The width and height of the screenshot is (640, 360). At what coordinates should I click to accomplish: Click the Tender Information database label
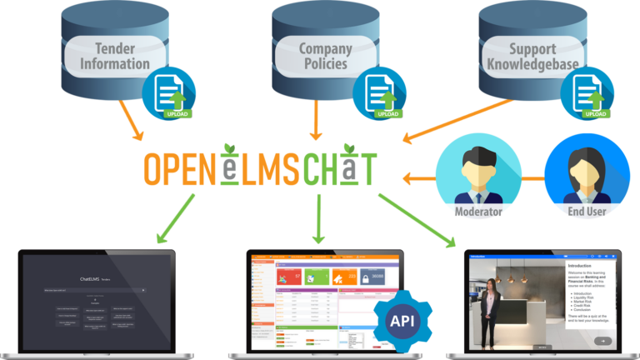point(121,55)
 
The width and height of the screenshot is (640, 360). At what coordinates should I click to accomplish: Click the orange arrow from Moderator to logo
point(420,177)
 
